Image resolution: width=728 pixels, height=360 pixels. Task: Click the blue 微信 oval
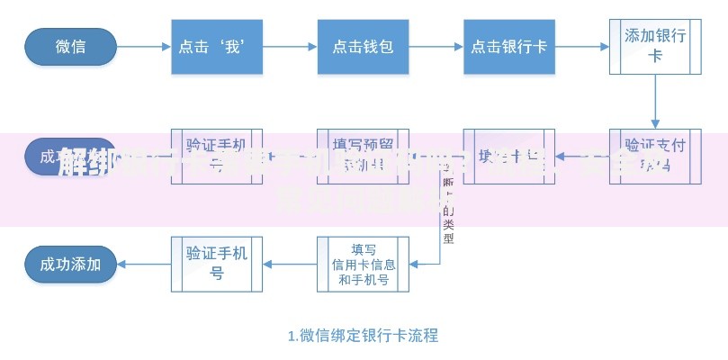[x=71, y=46]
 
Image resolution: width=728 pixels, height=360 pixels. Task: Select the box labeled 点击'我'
[x=217, y=46]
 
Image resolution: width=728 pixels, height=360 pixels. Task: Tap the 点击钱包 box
[x=363, y=46]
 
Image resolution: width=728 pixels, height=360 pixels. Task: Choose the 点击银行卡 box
[x=509, y=46]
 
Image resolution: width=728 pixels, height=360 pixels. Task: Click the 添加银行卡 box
[x=655, y=46]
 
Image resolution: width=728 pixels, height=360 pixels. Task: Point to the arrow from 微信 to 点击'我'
[x=144, y=46]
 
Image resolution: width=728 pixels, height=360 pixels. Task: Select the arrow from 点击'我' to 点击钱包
[x=290, y=46]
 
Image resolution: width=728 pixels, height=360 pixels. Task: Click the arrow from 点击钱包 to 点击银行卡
[x=436, y=46]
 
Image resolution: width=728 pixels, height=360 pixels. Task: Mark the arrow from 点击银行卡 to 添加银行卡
[x=582, y=46]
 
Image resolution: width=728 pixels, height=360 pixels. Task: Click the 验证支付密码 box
[x=655, y=155]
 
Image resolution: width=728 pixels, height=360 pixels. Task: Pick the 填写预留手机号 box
[x=363, y=155]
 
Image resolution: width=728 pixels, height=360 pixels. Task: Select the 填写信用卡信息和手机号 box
[x=363, y=264]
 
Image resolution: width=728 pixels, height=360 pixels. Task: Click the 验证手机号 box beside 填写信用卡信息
[x=217, y=264]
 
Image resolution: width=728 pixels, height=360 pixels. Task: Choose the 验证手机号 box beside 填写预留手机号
[x=217, y=155]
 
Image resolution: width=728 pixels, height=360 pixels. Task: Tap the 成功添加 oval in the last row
[x=71, y=264]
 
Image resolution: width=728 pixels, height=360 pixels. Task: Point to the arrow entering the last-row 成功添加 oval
[x=144, y=264]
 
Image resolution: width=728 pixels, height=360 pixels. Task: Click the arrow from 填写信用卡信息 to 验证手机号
[x=290, y=264]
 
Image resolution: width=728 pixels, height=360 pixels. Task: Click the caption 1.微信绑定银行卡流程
[x=363, y=336]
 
